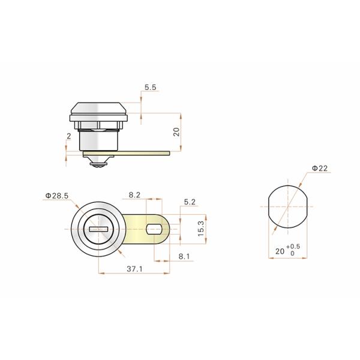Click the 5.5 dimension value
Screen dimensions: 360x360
pyautogui.click(x=151, y=88)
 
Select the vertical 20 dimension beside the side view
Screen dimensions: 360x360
pyautogui.click(x=176, y=131)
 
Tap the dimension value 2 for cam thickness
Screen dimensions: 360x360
pyautogui.click(x=69, y=137)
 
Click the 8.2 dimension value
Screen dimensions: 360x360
pyautogui.click(x=134, y=196)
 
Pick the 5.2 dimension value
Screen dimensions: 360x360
pyautogui.click(x=190, y=203)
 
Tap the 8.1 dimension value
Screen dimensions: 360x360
pyautogui.click(x=184, y=256)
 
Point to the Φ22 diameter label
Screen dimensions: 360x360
pyautogui.click(x=319, y=169)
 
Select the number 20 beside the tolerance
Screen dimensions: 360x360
pyautogui.click(x=280, y=252)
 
